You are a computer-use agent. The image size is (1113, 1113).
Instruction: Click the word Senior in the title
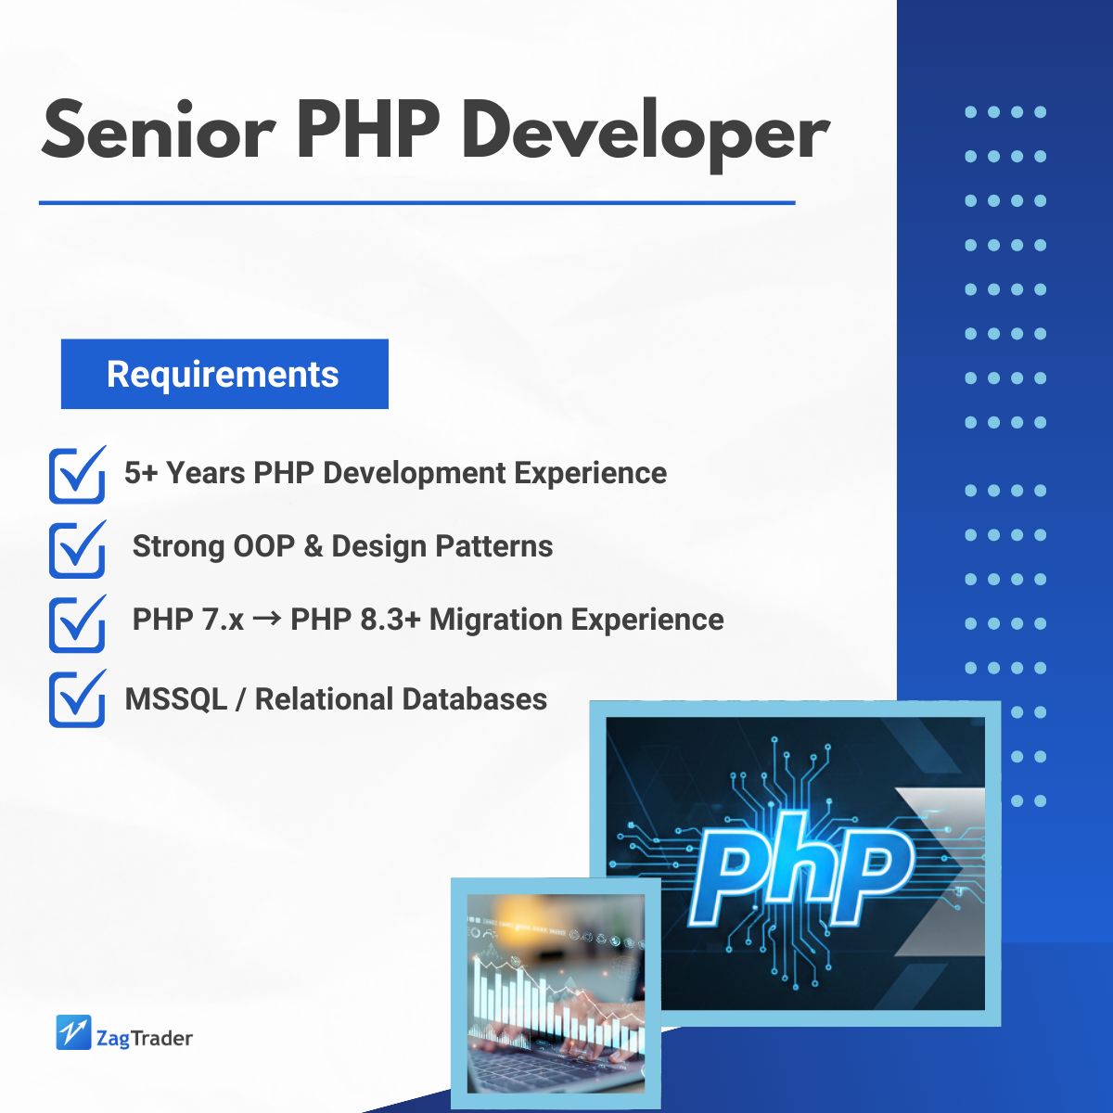point(158,130)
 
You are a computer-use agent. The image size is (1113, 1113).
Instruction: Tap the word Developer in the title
point(645,136)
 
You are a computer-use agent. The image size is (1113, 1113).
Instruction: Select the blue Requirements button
point(224,374)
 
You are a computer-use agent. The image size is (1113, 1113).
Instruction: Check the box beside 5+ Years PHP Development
point(77,475)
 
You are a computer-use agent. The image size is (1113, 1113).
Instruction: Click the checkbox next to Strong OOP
point(77,549)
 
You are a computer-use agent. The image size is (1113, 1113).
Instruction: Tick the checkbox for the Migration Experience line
point(77,623)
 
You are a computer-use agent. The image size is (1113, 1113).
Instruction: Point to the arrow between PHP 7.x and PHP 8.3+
point(267,620)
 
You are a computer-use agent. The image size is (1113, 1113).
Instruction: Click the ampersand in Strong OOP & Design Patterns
point(313,545)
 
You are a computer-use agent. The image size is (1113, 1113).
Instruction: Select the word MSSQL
point(175,699)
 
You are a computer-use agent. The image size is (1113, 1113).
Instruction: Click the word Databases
point(474,699)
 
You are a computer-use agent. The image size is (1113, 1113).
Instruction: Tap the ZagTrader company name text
point(145,1039)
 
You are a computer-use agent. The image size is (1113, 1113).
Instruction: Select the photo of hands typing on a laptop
point(556,993)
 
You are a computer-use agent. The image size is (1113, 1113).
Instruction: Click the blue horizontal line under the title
point(417,203)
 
